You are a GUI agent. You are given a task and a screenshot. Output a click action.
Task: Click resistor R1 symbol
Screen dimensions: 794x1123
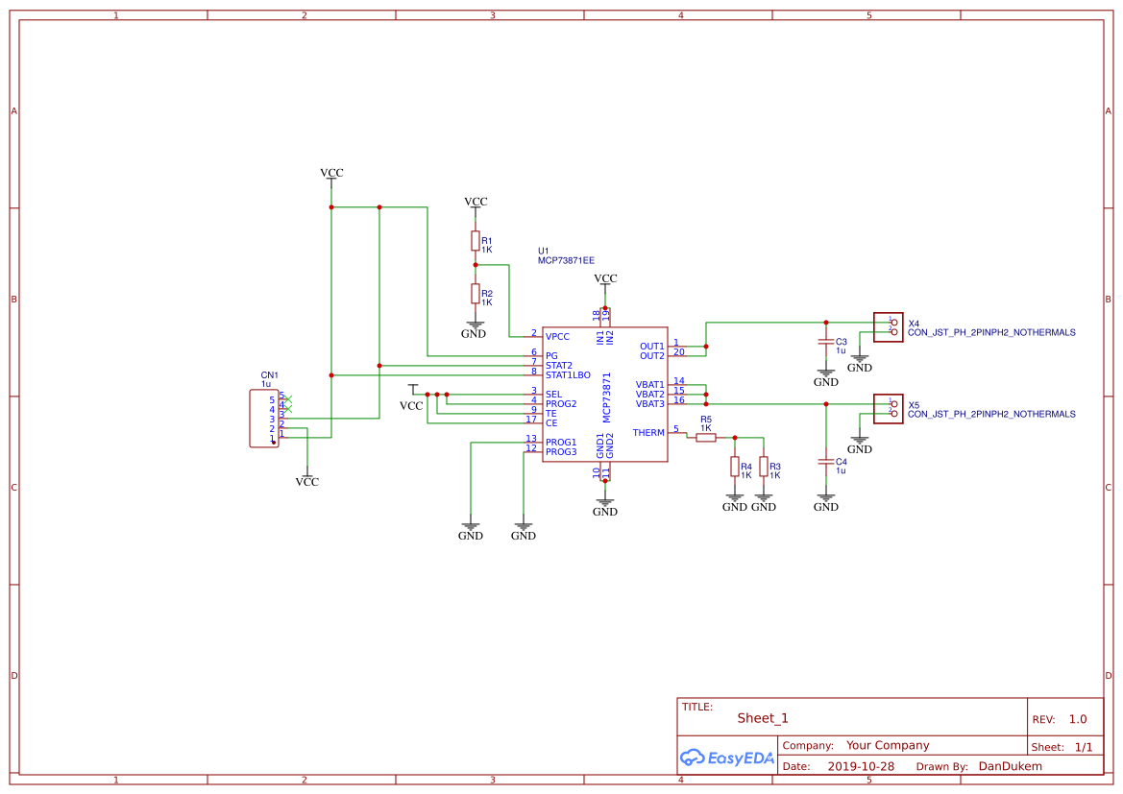tap(475, 240)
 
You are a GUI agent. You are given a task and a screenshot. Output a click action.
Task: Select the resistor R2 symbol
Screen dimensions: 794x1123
tap(475, 293)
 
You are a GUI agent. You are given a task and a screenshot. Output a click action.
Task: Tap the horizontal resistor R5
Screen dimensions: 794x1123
tap(706, 438)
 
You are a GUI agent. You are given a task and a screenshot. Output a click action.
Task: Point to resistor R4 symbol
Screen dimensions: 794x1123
tap(735, 467)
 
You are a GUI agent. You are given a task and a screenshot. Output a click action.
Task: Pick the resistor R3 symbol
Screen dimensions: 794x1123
tap(764, 467)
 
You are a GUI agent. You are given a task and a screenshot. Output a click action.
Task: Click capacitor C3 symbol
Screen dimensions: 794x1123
tap(825, 342)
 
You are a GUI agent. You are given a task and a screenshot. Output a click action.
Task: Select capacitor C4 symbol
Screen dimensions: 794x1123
tap(825, 462)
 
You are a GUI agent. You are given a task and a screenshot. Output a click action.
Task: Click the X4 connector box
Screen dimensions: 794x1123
tap(888, 327)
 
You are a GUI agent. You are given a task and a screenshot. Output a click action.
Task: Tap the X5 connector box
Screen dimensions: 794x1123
tap(888, 409)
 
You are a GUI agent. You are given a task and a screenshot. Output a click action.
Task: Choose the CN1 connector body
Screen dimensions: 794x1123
tap(263, 418)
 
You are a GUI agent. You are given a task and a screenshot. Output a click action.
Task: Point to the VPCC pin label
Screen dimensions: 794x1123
tap(557, 337)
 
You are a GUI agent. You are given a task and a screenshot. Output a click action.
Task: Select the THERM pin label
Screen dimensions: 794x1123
tap(648, 433)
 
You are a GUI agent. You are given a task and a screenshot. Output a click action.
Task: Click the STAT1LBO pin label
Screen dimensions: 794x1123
tap(568, 374)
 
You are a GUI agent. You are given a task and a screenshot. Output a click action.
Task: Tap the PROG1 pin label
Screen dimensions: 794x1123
tap(561, 443)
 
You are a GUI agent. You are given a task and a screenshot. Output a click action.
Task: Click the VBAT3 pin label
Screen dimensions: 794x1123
tap(649, 404)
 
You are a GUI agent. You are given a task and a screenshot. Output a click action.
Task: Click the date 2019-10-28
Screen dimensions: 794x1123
tap(861, 767)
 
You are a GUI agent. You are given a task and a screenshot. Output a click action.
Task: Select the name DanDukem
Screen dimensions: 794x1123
tap(1010, 766)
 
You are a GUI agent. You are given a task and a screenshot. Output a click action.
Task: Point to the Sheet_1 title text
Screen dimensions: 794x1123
tap(763, 718)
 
